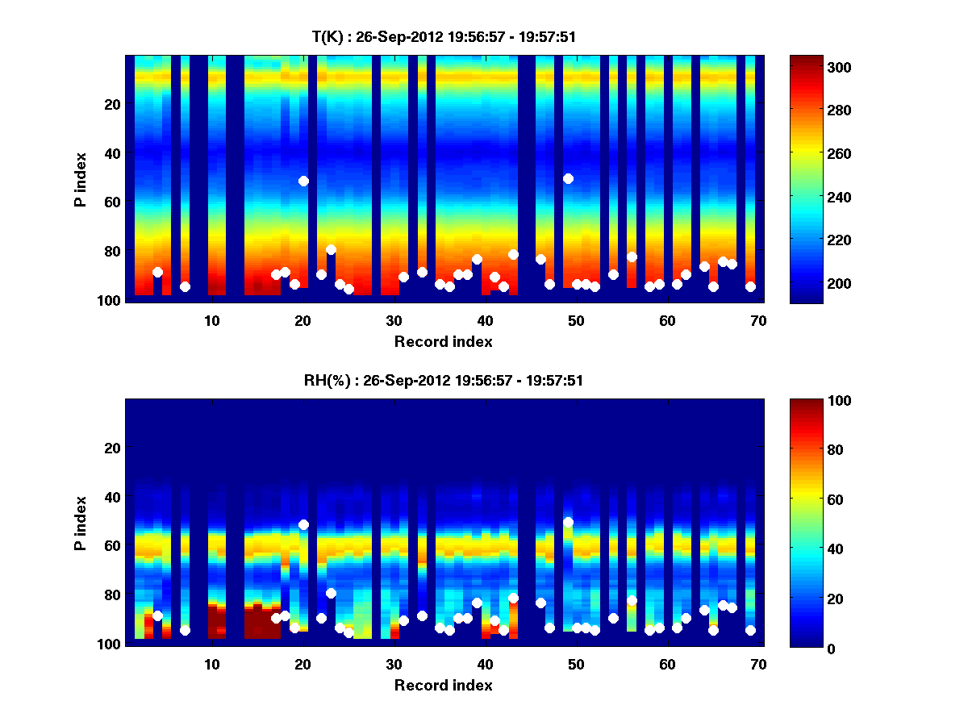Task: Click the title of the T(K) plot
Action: point(444,36)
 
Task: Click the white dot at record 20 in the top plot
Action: point(303,181)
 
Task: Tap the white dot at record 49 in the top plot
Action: point(568,178)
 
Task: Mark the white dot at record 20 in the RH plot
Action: point(303,524)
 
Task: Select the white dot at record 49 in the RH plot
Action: point(568,522)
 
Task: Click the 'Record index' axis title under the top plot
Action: point(444,341)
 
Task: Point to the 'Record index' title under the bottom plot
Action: point(444,685)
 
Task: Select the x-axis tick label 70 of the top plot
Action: point(758,320)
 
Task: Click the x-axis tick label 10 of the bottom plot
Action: point(211,664)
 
